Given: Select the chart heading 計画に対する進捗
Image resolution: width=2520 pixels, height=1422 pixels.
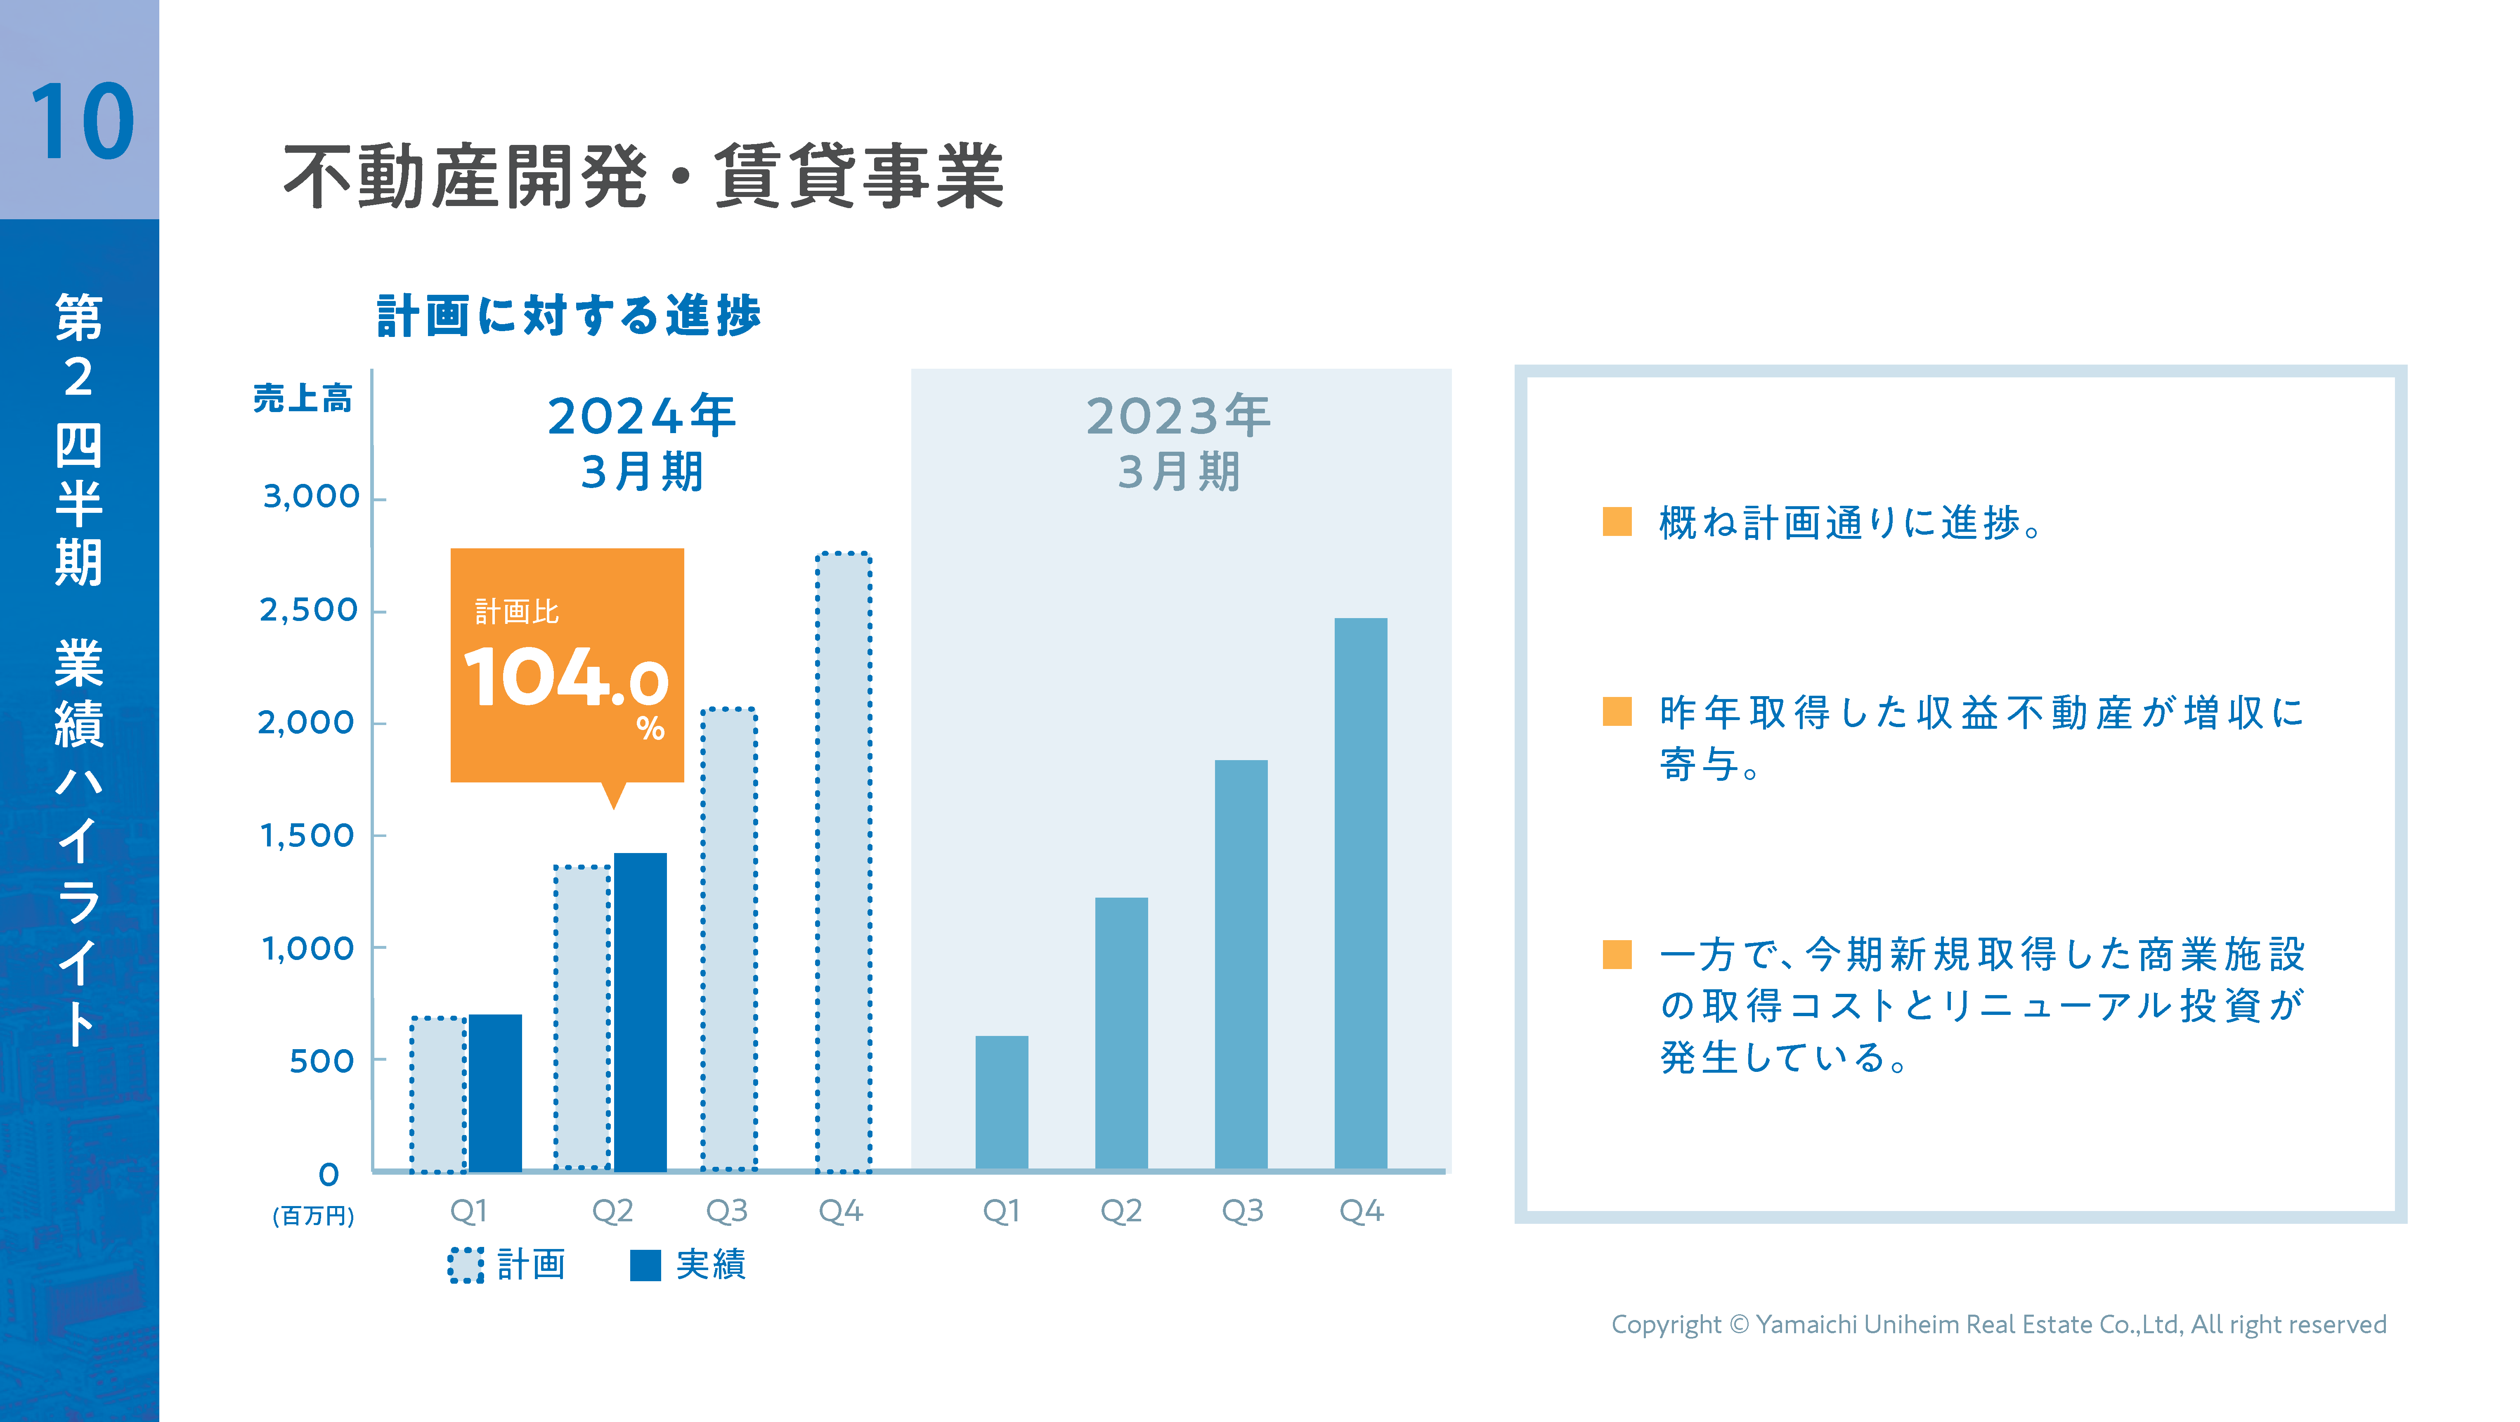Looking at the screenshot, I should tap(568, 315).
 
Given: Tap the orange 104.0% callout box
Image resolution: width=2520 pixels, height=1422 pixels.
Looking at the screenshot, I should tap(566, 666).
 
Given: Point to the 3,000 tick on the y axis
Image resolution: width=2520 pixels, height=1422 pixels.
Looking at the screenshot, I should tap(311, 497).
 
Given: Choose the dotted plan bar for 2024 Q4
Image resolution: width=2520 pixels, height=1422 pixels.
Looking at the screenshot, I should tap(843, 861).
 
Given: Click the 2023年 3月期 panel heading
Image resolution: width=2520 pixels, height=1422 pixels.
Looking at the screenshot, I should tap(1179, 442).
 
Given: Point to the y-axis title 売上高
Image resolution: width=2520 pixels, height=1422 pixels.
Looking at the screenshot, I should tap(302, 398).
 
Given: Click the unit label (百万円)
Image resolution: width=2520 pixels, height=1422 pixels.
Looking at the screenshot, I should tap(313, 1216).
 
